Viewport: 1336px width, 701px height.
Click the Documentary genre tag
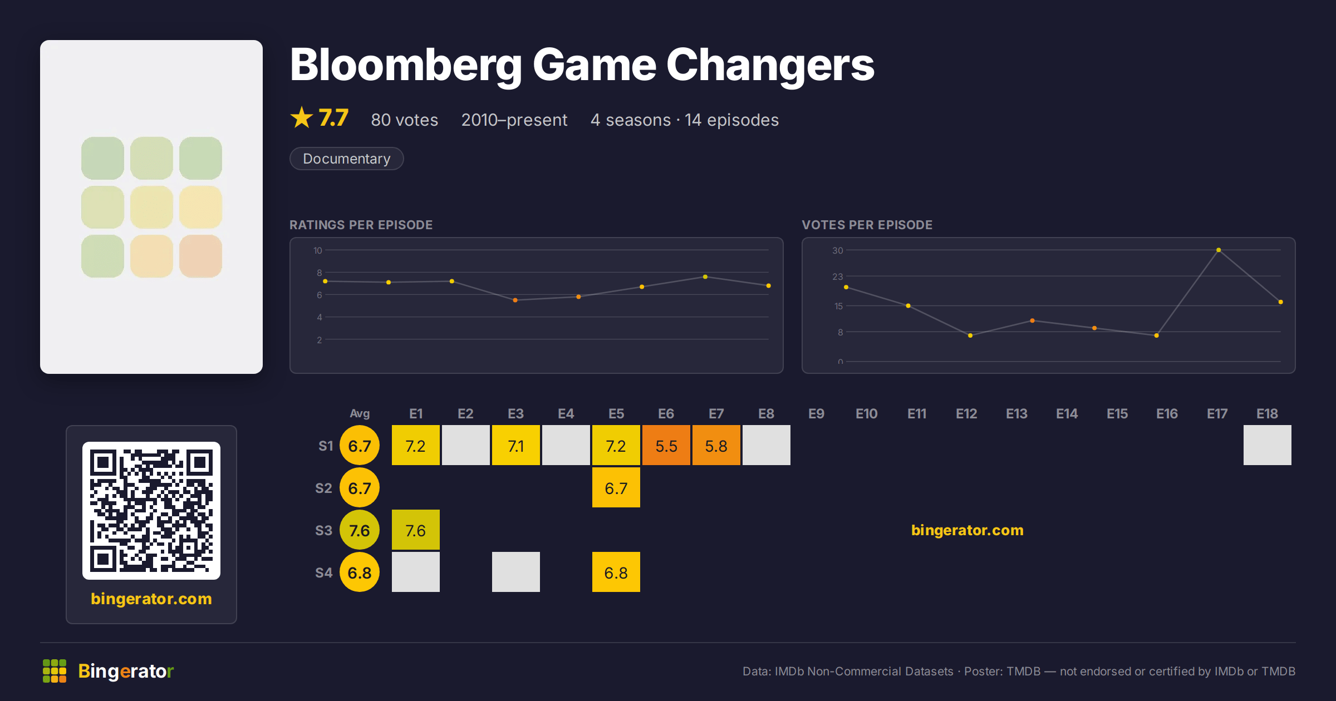[x=346, y=159]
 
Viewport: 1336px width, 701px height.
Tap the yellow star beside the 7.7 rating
[x=302, y=117]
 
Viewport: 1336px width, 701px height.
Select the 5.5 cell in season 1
[x=666, y=446]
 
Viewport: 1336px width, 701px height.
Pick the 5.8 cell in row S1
[x=716, y=446]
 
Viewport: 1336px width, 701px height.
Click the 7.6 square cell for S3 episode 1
[x=416, y=530]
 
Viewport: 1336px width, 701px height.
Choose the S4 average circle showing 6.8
[x=360, y=572]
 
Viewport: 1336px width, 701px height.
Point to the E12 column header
[x=966, y=414]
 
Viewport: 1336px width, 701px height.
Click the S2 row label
[x=323, y=488]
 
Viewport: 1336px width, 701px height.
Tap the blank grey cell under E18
[x=1268, y=446]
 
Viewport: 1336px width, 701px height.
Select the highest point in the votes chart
[x=1219, y=250]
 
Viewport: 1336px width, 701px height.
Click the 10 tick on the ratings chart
[x=318, y=251]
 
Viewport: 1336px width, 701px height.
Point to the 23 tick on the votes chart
[x=838, y=277]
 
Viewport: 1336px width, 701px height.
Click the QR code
[x=151, y=511]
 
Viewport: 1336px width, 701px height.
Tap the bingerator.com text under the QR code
[x=151, y=599]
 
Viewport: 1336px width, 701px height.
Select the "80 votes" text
[x=405, y=120]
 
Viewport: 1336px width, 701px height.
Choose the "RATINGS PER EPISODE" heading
[x=361, y=225]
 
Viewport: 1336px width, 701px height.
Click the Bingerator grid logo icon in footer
[x=55, y=671]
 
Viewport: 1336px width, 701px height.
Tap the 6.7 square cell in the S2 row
[x=616, y=488]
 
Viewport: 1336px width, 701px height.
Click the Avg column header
[x=360, y=414]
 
